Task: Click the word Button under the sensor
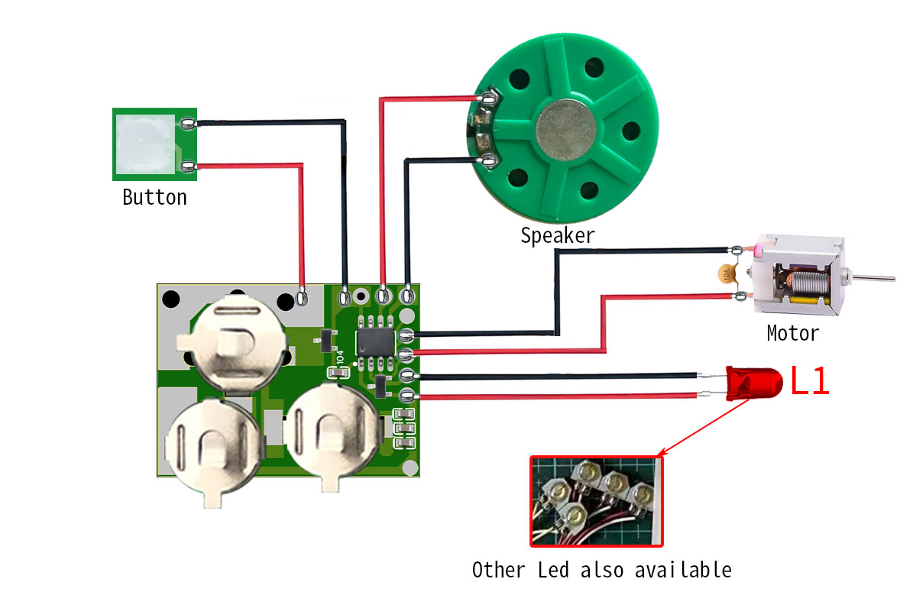point(154,197)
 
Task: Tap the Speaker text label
point(557,235)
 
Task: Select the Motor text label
point(792,333)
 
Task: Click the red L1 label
point(809,381)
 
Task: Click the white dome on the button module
point(144,143)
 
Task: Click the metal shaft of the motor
point(874,277)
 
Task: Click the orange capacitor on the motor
point(725,273)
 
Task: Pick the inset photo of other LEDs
point(597,501)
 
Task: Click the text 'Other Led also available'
point(601,570)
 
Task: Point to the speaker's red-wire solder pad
point(487,98)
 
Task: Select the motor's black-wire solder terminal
point(736,250)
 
